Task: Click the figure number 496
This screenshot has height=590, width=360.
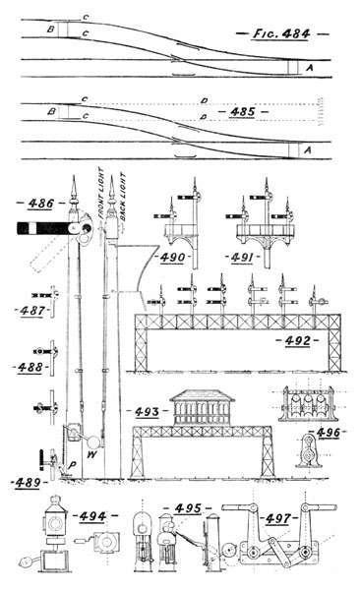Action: (x=326, y=431)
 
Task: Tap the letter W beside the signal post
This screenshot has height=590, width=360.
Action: (x=91, y=455)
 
